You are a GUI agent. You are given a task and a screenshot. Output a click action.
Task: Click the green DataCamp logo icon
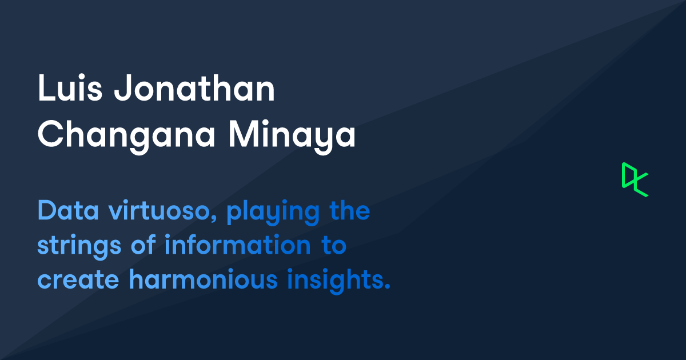pyautogui.click(x=635, y=179)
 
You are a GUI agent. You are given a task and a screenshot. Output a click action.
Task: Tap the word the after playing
pyautogui.click(x=350, y=212)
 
